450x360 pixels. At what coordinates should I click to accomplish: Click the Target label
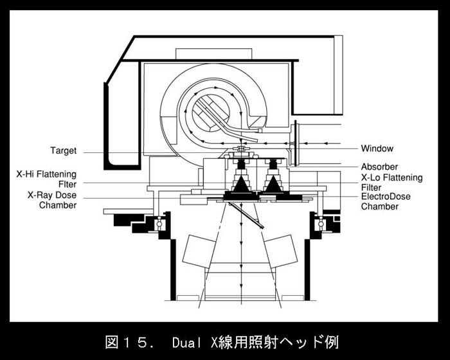point(63,151)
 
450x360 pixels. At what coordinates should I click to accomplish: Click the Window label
point(377,148)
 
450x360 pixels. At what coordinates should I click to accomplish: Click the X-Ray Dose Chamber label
point(52,200)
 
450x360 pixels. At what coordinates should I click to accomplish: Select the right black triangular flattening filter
point(273,185)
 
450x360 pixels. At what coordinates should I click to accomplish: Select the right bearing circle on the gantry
point(319,224)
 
